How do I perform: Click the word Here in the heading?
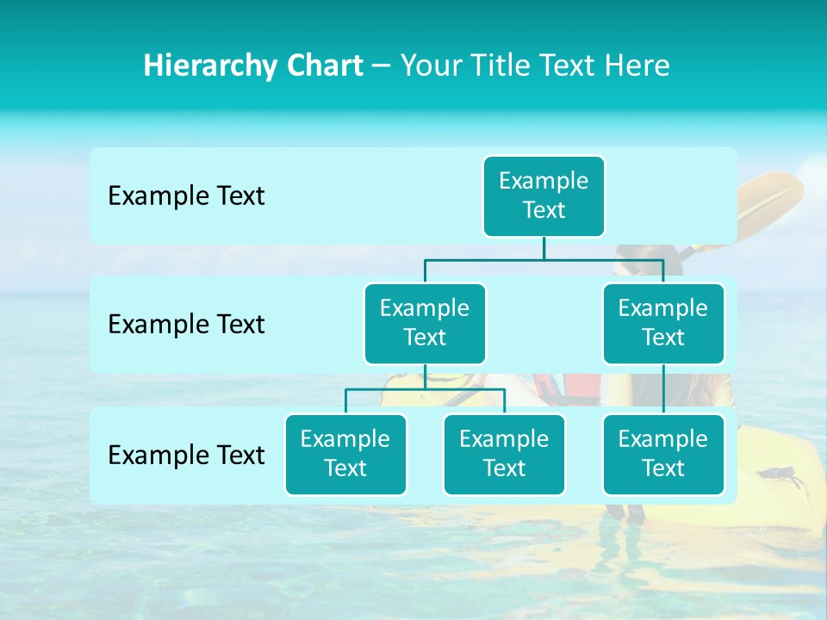click(x=637, y=66)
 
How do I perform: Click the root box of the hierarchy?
click(x=544, y=195)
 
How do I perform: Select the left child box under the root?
click(x=425, y=323)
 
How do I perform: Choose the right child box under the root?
click(x=663, y=323)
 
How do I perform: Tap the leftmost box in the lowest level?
click(x=345, y=454)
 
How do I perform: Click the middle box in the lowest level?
click(x=504, y=454)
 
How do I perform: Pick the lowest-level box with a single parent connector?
click(x=663, y=454)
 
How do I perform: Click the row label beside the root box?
click(x=186, y=196)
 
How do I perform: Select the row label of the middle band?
click(x=186, y=325)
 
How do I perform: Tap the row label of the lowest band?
click(x=186, y=455)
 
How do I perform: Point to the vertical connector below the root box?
click(x=544, y=248)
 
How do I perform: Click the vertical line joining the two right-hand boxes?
click(x=663, y=389)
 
